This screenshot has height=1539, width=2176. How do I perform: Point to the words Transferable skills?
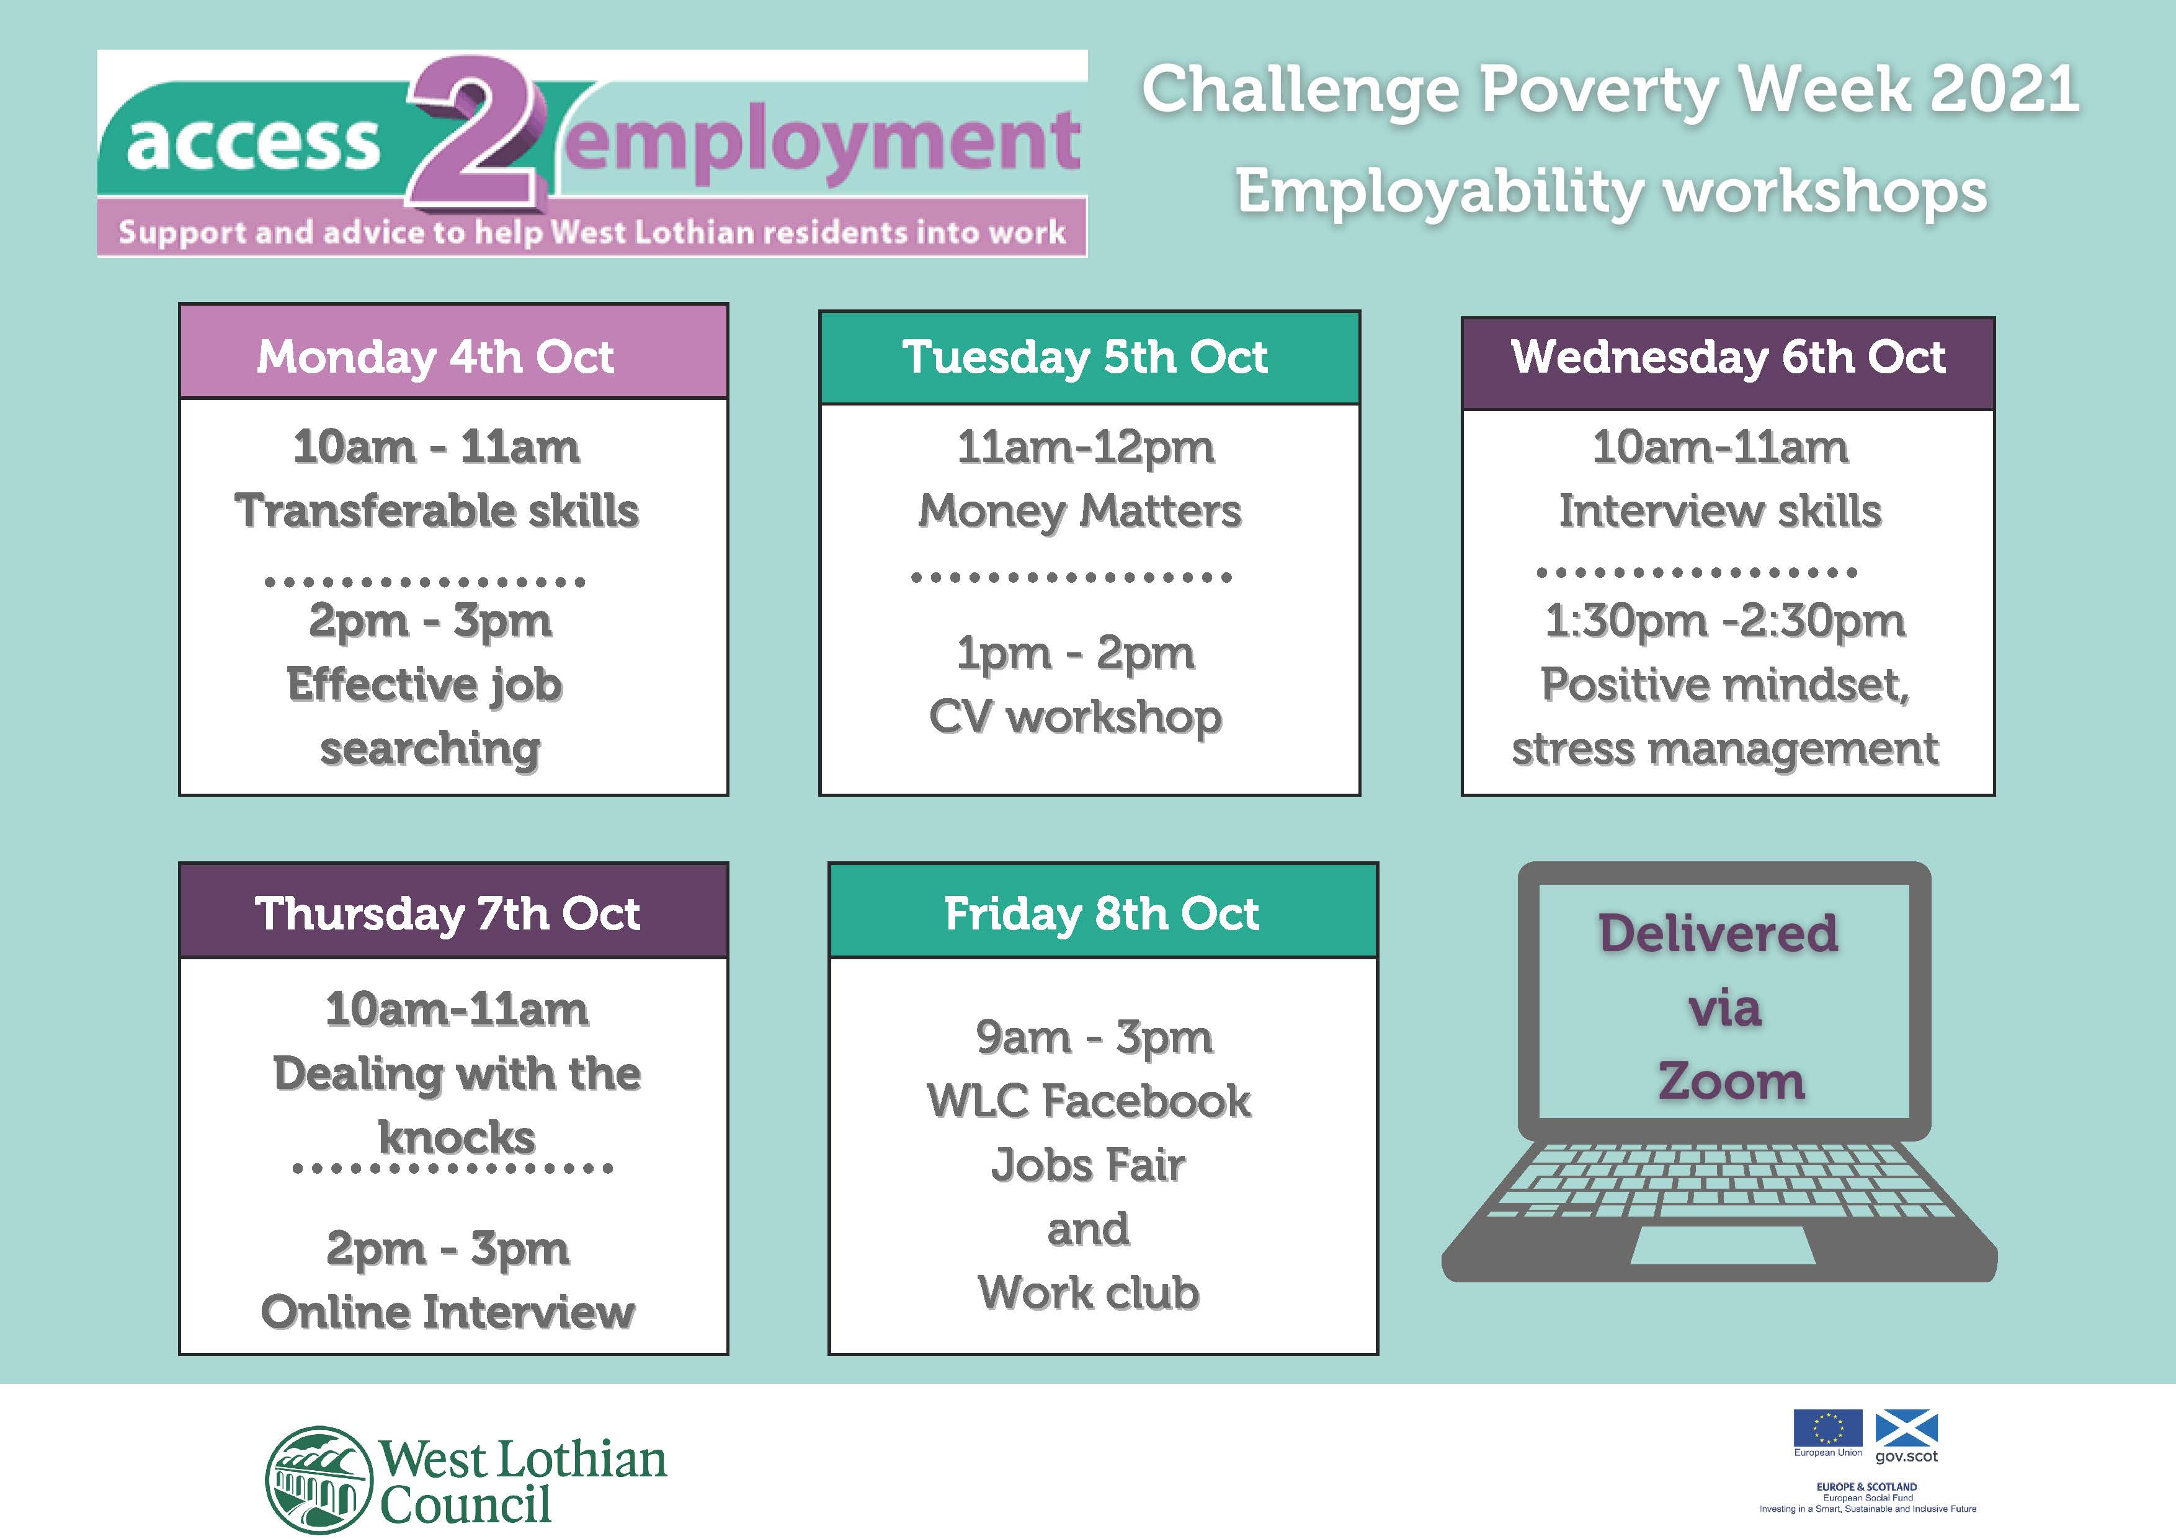pyautogui.click(x=437, y=511)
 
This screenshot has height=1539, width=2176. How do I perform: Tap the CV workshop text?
pyautogui.click(x=1076, y=717)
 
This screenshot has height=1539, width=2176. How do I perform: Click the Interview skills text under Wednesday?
pyautogui.click(x=1720, y=511)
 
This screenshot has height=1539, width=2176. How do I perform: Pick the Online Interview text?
pyautogui.click(x=447, y=1313)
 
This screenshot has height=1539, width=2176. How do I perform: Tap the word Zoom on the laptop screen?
pyautogui.click(x=1731, y=1081)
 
